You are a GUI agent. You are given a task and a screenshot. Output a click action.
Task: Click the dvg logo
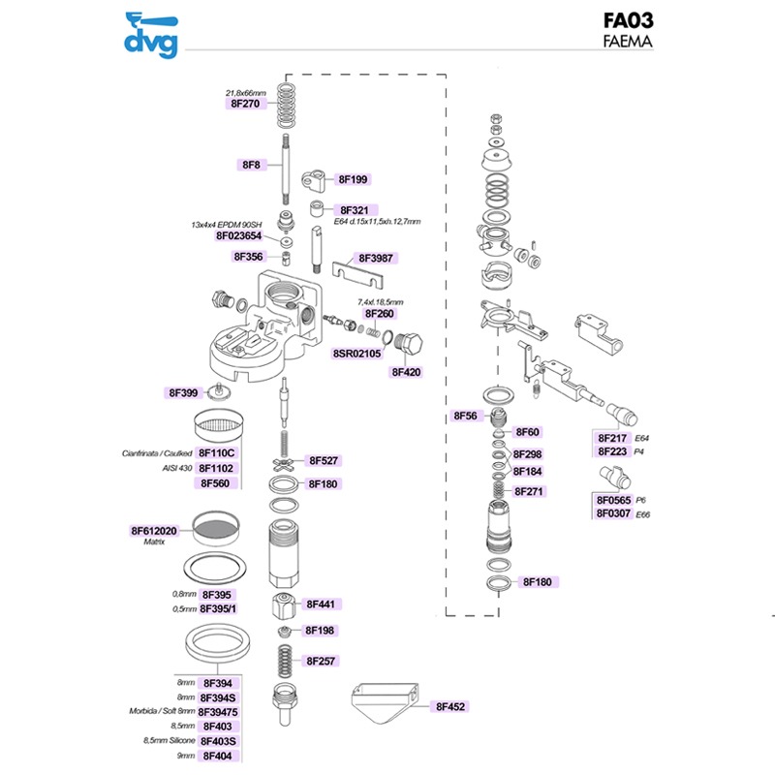point(151,36)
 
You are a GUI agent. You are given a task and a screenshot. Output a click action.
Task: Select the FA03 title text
point(628,20)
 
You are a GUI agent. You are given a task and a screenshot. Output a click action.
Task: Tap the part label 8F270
point(245,104)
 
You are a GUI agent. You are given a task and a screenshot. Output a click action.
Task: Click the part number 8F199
point(353,179)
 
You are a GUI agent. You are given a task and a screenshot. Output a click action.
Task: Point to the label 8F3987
point(376,258)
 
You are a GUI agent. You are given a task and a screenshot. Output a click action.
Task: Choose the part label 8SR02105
point(356,354)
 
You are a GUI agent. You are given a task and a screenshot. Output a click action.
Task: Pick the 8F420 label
point(406,372)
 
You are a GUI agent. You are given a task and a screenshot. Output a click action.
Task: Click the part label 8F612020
point(154,531)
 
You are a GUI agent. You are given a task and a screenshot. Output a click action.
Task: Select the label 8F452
point(450,707)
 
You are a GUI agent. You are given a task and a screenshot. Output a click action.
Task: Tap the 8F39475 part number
point(218,712)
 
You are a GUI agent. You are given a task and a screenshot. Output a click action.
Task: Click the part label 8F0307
point(613,513)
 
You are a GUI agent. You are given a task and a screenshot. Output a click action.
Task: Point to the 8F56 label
point(466,416)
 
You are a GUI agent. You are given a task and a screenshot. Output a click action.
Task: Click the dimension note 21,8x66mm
point(246,93)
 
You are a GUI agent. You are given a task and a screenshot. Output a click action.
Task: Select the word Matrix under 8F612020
point(154,542)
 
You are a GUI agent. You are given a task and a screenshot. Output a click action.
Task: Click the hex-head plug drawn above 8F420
point(408,345)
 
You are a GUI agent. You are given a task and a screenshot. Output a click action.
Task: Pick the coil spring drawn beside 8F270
point(287,105)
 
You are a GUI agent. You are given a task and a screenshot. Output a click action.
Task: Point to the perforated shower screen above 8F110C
point(218,425)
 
